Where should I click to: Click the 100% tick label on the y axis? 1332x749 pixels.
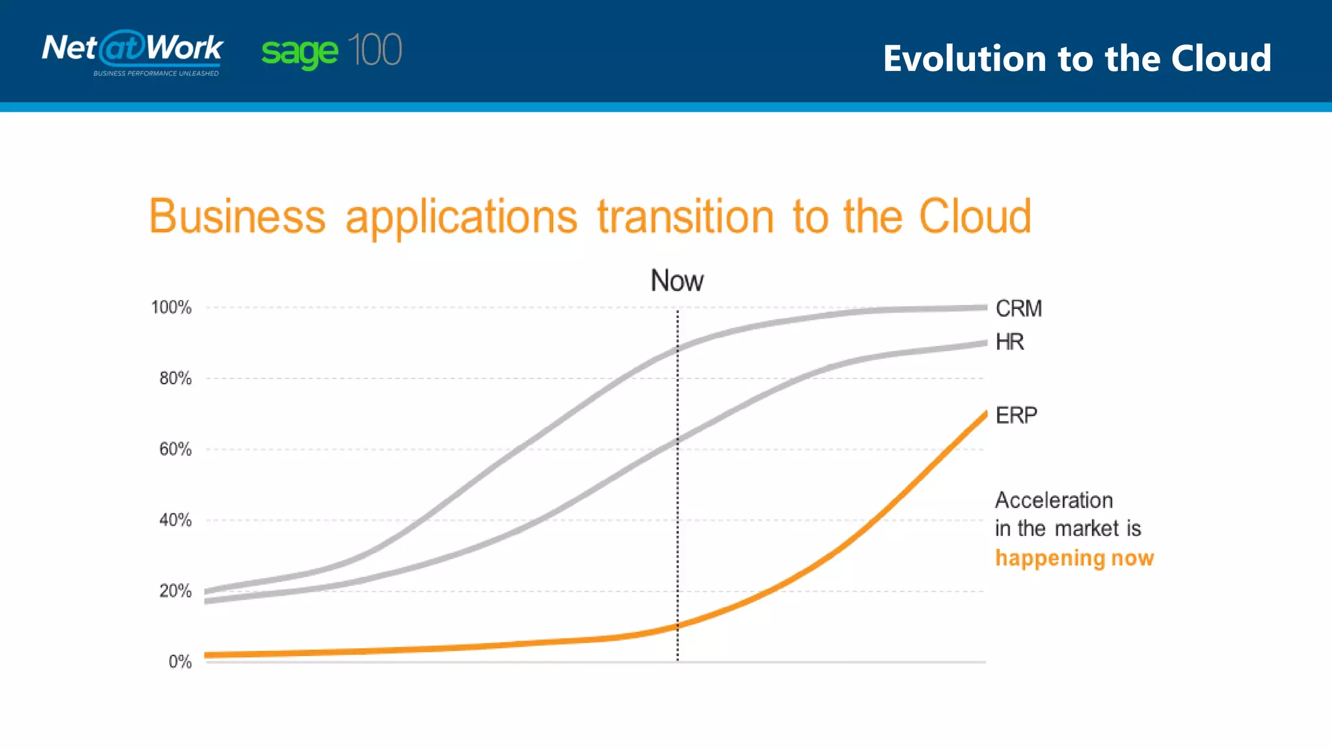click(x=171, y=308)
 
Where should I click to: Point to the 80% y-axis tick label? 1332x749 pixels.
click(x=175, y=378)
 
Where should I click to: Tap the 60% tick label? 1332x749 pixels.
click(x=175, y=449)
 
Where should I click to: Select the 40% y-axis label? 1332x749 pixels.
click(x=175, y=520)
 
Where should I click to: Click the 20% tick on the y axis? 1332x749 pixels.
click(x=175, y=591)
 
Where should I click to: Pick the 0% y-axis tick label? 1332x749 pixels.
click(x=180, y=662)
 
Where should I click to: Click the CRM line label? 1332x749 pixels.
click(x=1019, y=308)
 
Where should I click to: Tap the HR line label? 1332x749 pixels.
click(x=1009, y=342)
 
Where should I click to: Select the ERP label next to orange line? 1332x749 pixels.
click(x=1016, y=415)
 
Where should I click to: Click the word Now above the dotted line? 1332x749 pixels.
click(x=677, y=281)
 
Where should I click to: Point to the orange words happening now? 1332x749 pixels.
click(x=1074, y=558)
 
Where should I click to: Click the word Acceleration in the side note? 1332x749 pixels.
click(x=1054, y=501)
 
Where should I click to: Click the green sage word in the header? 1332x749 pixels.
click(x=299, y=52)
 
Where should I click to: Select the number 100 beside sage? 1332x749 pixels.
click(x=375, y=50)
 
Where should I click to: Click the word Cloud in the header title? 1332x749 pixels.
click(x=1221, y=59)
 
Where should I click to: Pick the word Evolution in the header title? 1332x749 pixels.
click(x=965, y=59)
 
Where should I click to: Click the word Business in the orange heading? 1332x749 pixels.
click(x=237, y=217)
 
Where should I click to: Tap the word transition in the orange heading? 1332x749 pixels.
click(x=686, y=217)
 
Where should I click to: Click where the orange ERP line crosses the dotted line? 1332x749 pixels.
click(x=677, y=625)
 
